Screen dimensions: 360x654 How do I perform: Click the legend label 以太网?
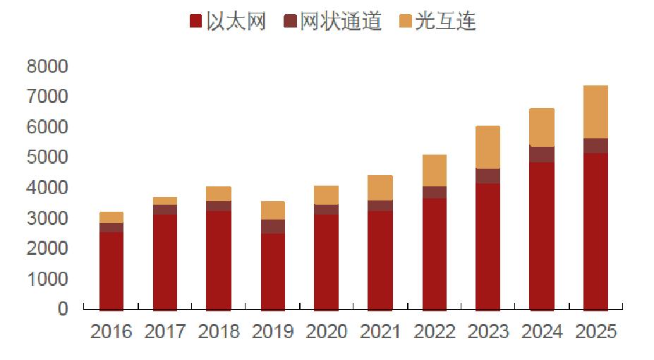click(236, 22)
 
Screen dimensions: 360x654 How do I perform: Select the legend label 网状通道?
click(341, 22)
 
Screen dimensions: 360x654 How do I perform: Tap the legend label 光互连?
click(445, 22)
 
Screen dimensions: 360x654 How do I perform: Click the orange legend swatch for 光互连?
click(405, 22)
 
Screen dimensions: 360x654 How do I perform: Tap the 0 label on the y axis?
click(63, 309)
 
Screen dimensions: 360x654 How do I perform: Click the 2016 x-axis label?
click(111, 332)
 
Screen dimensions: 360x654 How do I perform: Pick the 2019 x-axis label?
click(272, 332)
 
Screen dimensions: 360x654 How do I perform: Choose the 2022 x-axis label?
click(434, 332)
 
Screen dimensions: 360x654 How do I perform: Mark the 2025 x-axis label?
click(595, 332)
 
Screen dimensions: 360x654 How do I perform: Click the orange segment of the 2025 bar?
click(595, 112)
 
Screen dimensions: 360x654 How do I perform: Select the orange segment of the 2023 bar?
click(488, 147)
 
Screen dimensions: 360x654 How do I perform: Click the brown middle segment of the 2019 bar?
click(272, 226)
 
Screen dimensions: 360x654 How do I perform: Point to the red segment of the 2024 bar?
click(542, 236)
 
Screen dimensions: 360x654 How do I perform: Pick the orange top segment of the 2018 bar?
click(219, 193)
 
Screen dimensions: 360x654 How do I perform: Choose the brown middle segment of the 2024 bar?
click(542, 154)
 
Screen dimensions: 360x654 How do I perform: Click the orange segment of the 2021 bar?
click(380, 188)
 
